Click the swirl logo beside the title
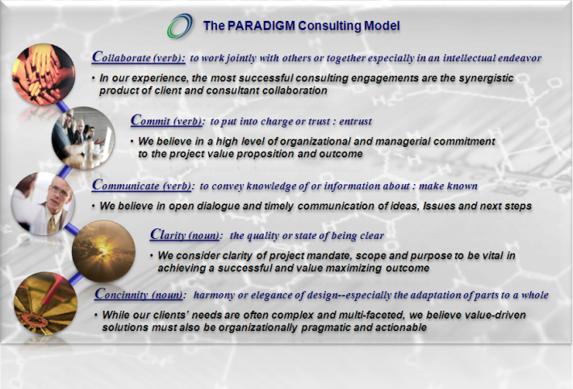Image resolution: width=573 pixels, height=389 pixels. pyautogui.click(x=180, y=26)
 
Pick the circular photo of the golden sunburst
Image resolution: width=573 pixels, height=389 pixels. pyautogui.click(x=102, y=251)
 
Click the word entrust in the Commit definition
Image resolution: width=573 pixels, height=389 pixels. pyautogui.click(x=353, y=122)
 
